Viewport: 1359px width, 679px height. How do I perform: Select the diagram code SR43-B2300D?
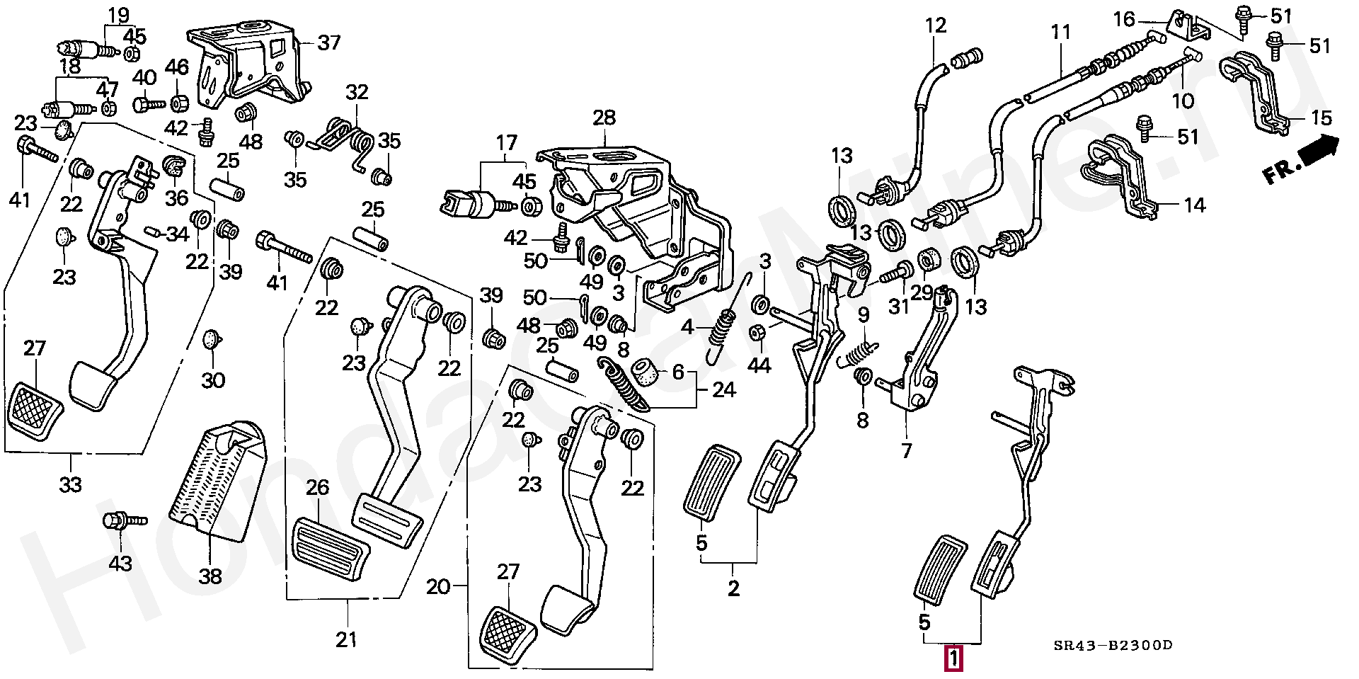click(x=1113, y=645)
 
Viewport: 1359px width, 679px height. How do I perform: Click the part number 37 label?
click(x=328, y=43)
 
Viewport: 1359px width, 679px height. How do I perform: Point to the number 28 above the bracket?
click(x=604, y=119)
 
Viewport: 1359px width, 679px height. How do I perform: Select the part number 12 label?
click(x=935, y=26)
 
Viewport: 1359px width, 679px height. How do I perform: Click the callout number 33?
click(x=70, y=485)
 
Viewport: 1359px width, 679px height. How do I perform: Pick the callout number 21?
click(x=346, y=639)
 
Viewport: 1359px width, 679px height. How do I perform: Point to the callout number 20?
click(x=439, y=586)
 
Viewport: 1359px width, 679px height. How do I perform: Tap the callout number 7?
click(x=906, y=450)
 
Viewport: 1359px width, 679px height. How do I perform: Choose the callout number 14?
click(x=1194, y=205)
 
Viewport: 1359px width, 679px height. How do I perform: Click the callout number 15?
click(x=1321, y=118)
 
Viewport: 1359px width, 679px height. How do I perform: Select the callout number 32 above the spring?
click(x=357, y=92)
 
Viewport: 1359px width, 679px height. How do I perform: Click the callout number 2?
click(x=733, y=588)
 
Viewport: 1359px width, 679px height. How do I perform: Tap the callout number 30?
click(x=213, y=380)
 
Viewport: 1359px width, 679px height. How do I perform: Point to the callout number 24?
click(x=723, y=389)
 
